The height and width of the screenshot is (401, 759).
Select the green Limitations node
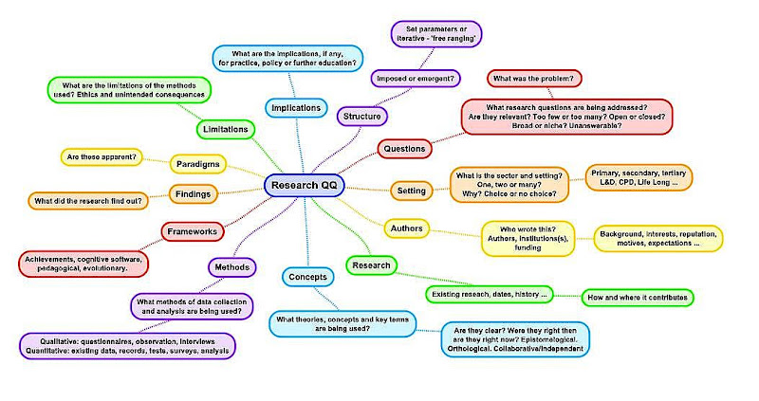click(225, 128)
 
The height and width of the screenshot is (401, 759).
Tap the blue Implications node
click(296, 108)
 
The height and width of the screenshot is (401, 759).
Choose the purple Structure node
click(361, 116)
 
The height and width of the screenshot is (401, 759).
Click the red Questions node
click(405, 148)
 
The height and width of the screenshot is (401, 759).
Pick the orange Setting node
click(412, 191)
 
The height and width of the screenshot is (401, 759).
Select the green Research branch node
click(371, 265)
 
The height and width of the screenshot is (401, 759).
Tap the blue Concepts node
click(306, 277)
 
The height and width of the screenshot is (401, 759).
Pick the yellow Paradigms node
click(198, 164)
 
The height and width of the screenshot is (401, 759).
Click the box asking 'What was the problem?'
click(535, 78)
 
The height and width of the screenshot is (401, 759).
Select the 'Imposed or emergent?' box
click(414, 77)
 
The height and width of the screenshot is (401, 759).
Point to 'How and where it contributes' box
click(637, 297)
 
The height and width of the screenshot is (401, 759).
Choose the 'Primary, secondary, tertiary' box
click(639, 177)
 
